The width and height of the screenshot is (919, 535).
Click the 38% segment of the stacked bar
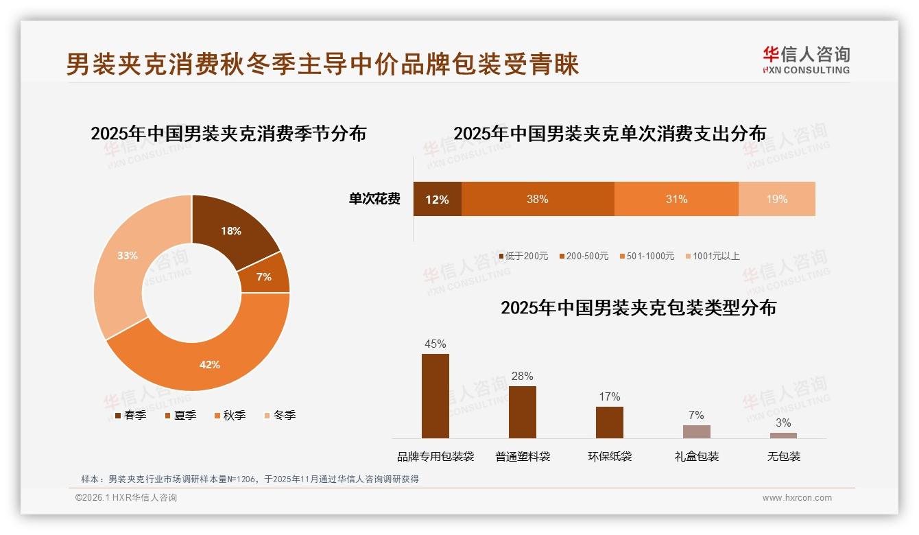(538, 199)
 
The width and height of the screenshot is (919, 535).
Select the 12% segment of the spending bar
(437, 199)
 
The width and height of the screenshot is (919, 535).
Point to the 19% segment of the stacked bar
(777, 199)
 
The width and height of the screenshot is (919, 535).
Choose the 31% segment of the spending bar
(676, 199)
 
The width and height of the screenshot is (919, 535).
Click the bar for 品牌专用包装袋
(435, 396)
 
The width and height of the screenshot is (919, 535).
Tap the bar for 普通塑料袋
(523, 412)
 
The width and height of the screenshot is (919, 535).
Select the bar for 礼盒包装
(696, 431)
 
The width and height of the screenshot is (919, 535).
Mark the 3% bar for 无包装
(783, 435)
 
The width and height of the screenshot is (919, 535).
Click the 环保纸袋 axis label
(610, 456)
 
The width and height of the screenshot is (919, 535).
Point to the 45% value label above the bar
(435, 344)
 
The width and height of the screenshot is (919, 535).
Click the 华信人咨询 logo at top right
(806, 60)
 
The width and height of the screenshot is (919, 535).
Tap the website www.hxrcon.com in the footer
(797, 498)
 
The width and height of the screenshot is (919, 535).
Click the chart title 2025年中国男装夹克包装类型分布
(638, 308)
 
